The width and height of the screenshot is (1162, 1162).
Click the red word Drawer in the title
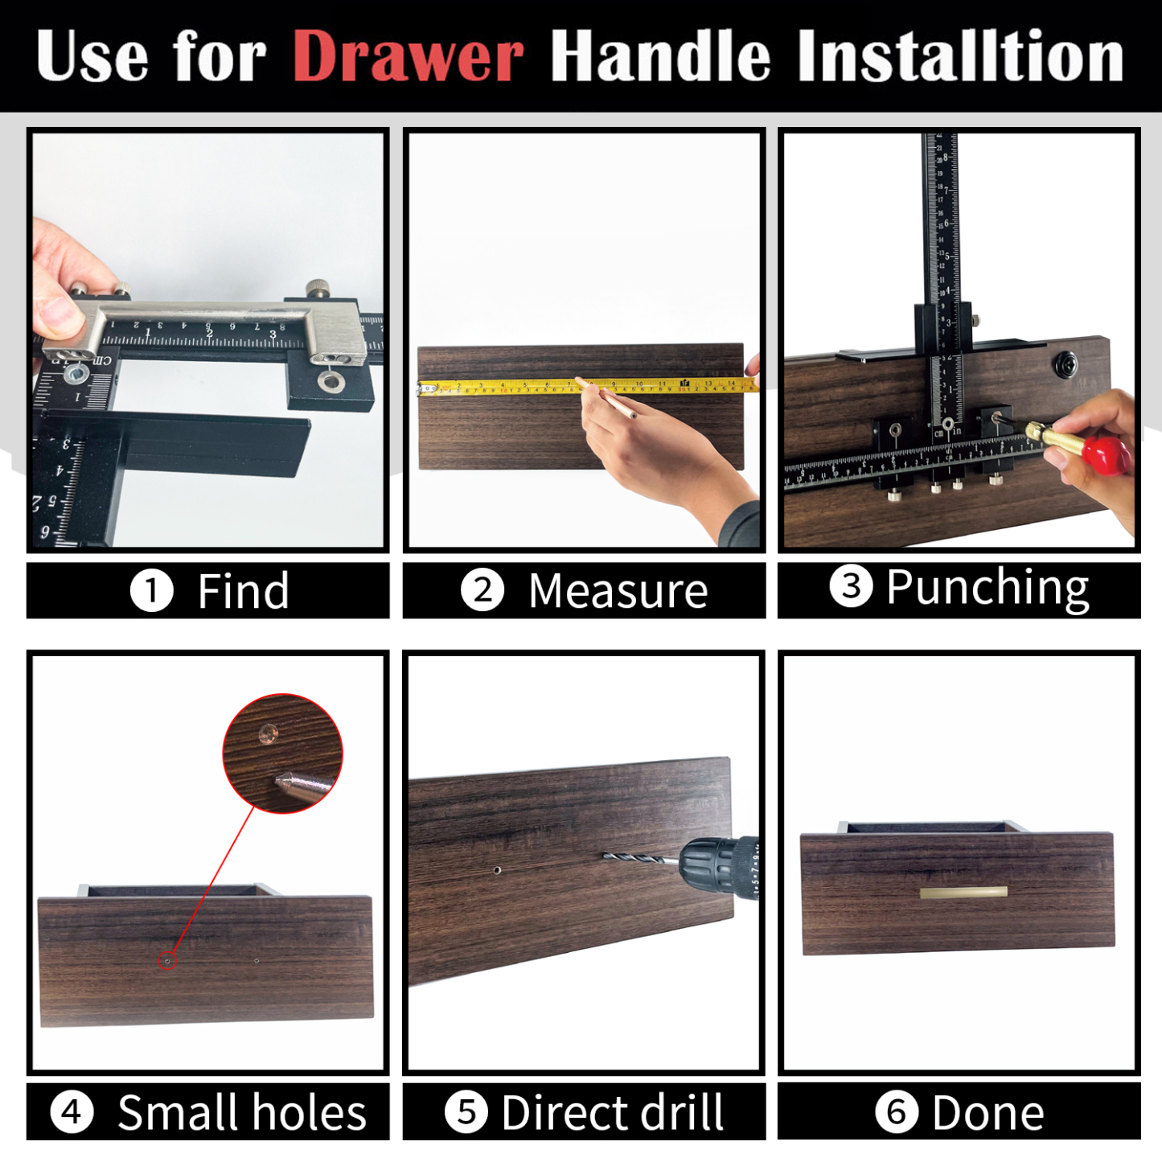click(408, 57)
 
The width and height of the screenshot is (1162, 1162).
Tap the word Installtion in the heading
click(960, 57)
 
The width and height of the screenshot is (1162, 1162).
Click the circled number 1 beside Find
click(151, 591)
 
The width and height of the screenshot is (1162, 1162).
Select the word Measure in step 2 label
click(618, 591)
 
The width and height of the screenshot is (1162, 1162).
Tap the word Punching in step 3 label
click(987, 588)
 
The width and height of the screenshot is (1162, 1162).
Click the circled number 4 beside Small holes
click(72, 1112)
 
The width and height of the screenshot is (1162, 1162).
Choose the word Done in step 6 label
click(987, 1113)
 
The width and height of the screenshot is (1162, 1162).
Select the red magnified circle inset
click(282, 753)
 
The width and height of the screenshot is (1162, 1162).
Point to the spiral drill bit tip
click(619, 857)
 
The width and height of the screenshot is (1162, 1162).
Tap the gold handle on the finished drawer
click(963, 892)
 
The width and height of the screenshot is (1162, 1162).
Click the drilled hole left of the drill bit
click(497, 870)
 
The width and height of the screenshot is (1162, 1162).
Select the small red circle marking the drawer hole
click(166, 960)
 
